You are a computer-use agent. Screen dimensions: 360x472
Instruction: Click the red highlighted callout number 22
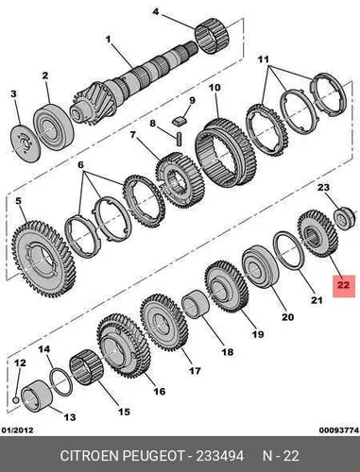click(344, 285)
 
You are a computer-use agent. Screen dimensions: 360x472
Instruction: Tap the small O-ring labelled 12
click(16, 400)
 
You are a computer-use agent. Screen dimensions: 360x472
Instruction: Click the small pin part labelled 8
click(180, 139)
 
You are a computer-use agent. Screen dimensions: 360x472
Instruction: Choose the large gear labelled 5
click(43, 260)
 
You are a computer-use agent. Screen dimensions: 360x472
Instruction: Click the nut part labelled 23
click(345, 218)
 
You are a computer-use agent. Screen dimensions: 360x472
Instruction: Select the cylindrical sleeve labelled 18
click(197, 304)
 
